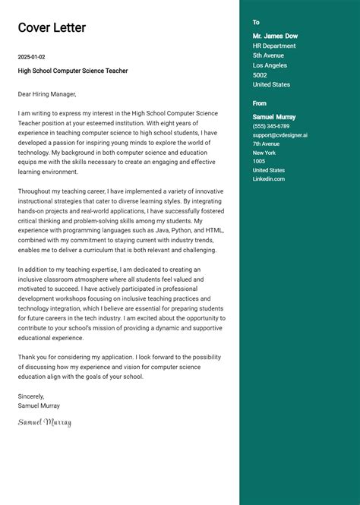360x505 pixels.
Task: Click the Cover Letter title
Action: (52, 28)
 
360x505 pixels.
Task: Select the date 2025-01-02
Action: (32, 57)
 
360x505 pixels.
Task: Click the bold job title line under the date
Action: (73, 71)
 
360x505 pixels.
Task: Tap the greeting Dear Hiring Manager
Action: (48, 94)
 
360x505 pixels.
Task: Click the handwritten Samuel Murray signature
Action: (45, 422)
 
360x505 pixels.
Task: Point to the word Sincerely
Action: (31, 396)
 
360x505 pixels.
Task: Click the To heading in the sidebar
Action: (256, 23)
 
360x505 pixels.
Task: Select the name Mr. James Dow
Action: (275, 36)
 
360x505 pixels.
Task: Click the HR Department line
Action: (274, 46)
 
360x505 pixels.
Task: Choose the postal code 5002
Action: (260, 75)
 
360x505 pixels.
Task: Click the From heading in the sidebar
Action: (260, 103)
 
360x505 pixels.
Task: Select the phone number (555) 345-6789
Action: (271, 126)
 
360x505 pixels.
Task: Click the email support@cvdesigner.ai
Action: (279, 135)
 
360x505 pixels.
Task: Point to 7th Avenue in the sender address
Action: (266, 144)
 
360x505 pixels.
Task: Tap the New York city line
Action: (264, 153)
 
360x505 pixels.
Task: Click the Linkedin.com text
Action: (269, 178)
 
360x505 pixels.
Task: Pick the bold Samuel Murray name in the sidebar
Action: (274, 117)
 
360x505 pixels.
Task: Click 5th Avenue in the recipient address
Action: (268, 55)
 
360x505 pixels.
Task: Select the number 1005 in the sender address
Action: (259, 161)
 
